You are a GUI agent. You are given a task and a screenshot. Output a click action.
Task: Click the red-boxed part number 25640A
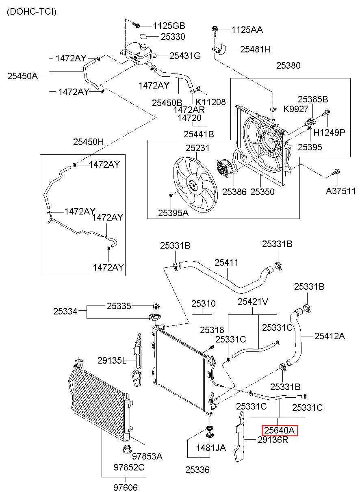click(280, 430)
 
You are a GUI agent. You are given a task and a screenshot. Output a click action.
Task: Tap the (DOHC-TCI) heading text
click(32, 11)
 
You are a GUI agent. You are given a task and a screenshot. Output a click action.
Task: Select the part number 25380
click(288, 65)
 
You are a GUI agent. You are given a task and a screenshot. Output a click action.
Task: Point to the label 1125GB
click(169, 26)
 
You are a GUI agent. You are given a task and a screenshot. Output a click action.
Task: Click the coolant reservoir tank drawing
click(138, 54)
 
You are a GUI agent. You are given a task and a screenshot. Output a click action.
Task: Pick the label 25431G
click(185, 56)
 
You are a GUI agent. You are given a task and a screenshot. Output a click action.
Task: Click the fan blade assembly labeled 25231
click(195, 184)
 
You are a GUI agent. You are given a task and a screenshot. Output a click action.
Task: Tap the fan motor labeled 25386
click(225, 168)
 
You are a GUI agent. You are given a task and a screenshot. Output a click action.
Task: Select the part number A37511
click(340, 191)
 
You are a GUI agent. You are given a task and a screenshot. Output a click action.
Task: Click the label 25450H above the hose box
click(88, 142)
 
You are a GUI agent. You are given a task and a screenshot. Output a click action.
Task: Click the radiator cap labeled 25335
click(156, 306)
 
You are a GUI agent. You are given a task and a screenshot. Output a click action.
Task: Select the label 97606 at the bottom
click(126, 488)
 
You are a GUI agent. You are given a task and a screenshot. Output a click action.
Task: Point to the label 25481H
click(255, 49)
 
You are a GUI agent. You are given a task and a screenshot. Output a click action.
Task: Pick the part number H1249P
click(329, 132)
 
